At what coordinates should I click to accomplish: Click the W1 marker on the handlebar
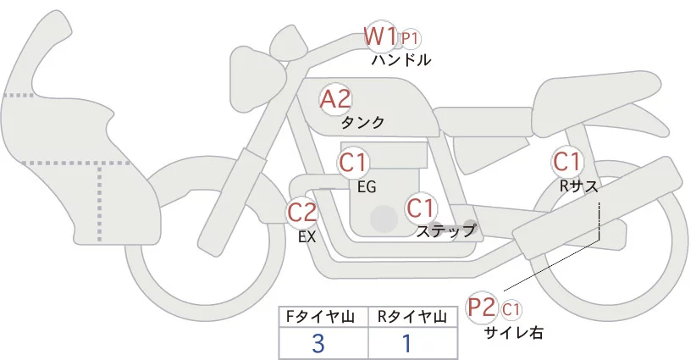tap(381, 36)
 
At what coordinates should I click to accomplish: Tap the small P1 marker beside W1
tap(411, 38)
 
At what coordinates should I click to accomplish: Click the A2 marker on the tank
tap(335, 99)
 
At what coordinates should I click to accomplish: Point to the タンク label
tap(362, 123)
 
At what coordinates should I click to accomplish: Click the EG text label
tap(367, 186)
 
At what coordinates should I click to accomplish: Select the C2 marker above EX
tap(302, 212)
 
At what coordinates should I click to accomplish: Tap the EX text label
tap(307, 237)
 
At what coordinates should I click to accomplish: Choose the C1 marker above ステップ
tap(421, 208)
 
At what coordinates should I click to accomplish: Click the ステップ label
tap(445, 230)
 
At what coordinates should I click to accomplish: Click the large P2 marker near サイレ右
tap(482, 307)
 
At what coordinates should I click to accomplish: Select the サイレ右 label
tap(513, 333)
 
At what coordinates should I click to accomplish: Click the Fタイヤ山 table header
tap(323, 317)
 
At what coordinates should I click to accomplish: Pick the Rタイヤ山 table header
tap(414, 317)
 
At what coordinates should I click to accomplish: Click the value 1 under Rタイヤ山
tap(407, 342)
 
